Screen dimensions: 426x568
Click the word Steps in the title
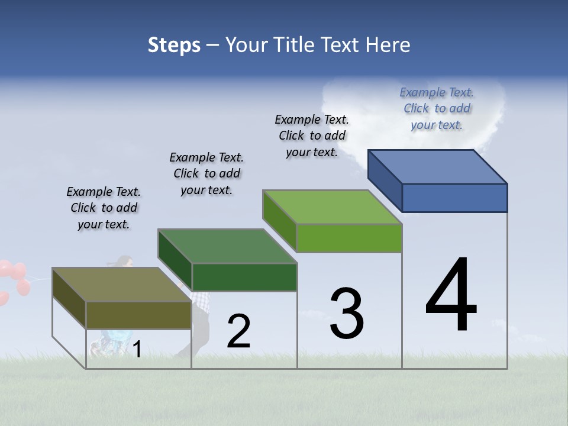[174, 45]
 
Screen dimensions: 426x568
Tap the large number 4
[451, 296]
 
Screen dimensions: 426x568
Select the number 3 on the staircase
[347, 314]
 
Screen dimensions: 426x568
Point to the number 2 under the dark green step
[238, 331]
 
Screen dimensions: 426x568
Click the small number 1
[137, 350]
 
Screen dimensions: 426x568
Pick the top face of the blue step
[438, 167]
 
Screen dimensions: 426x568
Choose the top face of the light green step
[333, 207]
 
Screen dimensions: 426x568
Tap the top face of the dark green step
[227, 246]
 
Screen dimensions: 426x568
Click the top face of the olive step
[122, 285]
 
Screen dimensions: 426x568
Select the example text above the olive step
[104, 208]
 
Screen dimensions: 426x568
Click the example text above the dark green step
[206, 173]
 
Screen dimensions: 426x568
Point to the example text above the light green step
[312, 135]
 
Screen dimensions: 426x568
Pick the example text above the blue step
[437, 108]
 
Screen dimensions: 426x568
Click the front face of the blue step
[454, 198]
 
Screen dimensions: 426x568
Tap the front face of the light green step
[349, 238]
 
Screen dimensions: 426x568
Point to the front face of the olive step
[138, 315]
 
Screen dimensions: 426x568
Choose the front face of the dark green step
[244, 277]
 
